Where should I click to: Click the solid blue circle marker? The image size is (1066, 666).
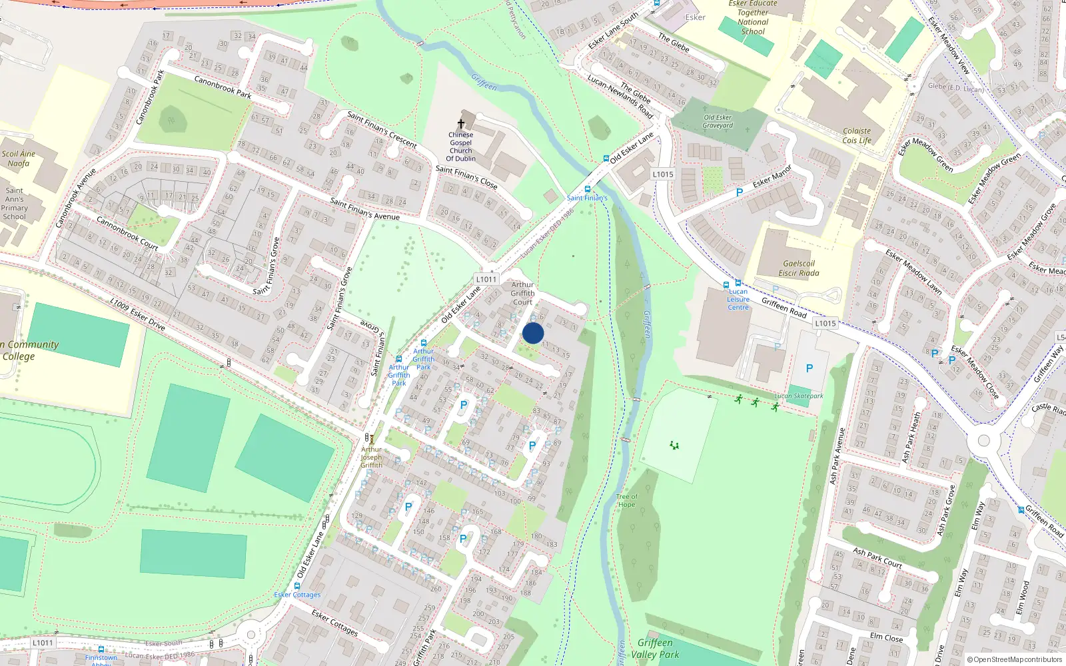[x=533, y=333]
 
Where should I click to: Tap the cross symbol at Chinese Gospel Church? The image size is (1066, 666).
[x=460, y=124]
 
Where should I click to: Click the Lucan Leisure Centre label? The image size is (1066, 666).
[x=738, y=300]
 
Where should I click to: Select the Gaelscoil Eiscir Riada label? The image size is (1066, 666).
[x=799, y=268]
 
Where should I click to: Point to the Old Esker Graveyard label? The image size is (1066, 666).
[x=718, y=121]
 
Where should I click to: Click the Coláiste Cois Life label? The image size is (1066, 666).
[x=857, y=136]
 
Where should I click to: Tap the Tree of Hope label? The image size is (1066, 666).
[x=626, y=500]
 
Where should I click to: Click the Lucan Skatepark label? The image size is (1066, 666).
[x=799, y=396]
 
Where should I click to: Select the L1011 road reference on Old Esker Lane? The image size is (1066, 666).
[x=486, y=279]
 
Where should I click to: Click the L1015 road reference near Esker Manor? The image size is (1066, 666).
[x=663, y=174]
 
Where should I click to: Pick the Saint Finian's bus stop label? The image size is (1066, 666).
[x=587, y=198]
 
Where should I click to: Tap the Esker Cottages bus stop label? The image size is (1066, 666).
[x=297, y=595]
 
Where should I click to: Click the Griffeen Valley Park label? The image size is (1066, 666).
[x=655, y=648]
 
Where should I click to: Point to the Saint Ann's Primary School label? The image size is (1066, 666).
[x=14, y=203]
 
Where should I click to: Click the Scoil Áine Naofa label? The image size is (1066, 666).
[x=18, y=159]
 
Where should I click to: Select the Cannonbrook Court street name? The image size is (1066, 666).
[x=127, y=232]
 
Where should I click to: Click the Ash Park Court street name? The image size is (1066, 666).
[x=877, y=558]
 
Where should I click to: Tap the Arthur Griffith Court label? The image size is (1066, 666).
[x=523, y=293]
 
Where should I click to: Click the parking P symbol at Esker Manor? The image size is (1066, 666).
[x=739, y=192]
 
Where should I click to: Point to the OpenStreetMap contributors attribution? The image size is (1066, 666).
[x=1015, y=660]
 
